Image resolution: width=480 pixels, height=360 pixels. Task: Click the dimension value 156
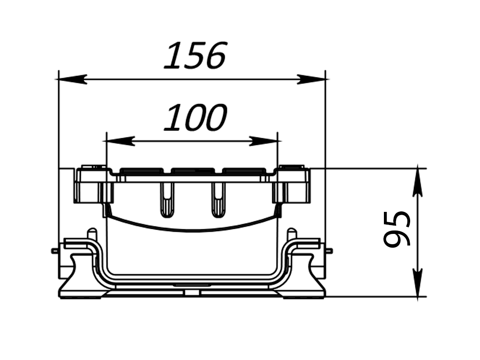point(195,55)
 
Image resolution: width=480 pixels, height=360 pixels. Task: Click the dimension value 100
point(195,118)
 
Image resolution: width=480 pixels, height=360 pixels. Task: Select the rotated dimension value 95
point(397,229)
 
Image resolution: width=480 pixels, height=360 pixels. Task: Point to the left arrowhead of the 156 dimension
point(71,79)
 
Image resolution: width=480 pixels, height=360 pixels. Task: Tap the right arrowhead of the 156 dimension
point(313,79)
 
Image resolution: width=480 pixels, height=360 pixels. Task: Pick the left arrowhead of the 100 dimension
point(118,141)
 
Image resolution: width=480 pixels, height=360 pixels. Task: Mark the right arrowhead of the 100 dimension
point(265,141)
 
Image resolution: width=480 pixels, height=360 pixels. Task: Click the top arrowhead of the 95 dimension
point(417,180)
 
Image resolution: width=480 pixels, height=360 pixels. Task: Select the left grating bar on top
point(141,171)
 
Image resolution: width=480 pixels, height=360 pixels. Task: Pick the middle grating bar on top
point(193,171)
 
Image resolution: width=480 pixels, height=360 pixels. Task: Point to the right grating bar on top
point(244,171)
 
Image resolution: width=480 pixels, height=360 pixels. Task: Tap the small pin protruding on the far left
point(55,251)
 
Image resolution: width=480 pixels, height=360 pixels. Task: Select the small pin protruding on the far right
point(330,251)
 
